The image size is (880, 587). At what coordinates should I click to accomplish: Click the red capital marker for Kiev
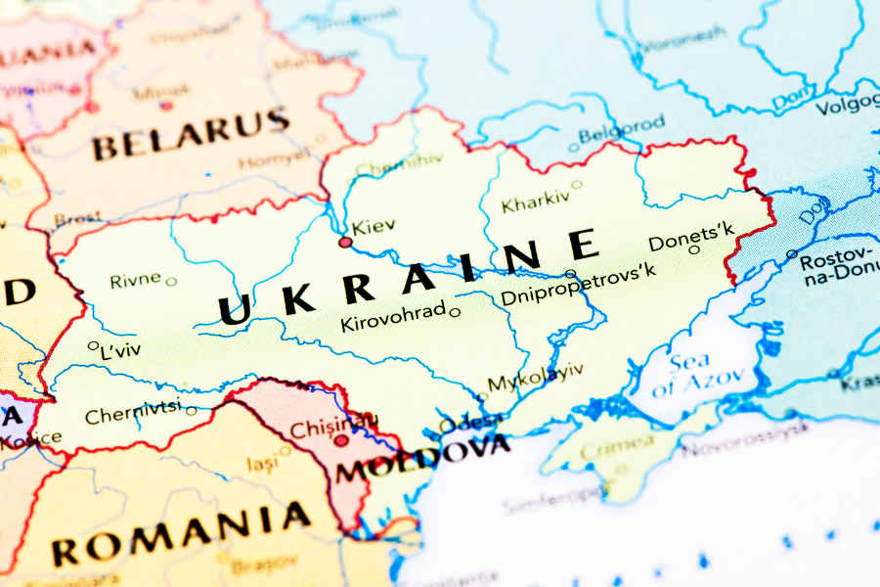pyautogui.click(x=344, y=242)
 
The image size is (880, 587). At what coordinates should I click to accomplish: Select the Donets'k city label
pyautogui.click(x=690, y=237)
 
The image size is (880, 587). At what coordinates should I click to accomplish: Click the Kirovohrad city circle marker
pyautogui.click(x=455, y=313)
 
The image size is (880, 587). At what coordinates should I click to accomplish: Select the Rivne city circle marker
pyautogui.click(x=171, y=282)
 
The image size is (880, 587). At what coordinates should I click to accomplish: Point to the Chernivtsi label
pyautogui.click(x=133, y=414)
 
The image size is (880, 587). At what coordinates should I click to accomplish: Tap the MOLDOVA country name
pyautogui.click(x=422, y=459)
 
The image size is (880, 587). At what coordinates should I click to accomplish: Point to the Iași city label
pyautogui.click(x=261, y=464)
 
